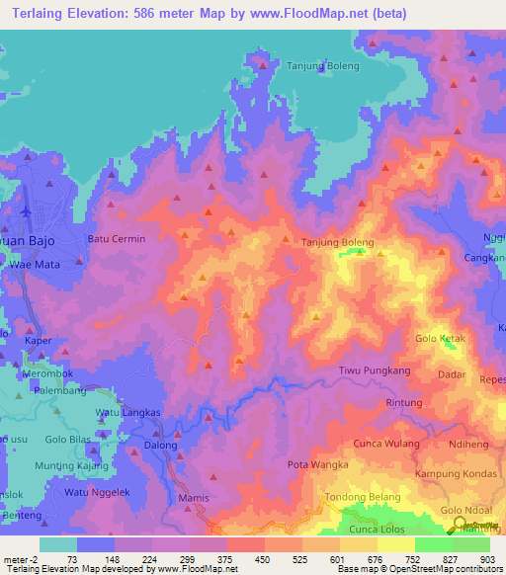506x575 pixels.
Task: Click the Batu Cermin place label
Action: click(117, 239)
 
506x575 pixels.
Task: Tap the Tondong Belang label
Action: click(363, 497)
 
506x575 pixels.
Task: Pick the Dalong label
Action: click(161, 446)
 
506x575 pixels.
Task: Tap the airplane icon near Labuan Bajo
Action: click(25, 210)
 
